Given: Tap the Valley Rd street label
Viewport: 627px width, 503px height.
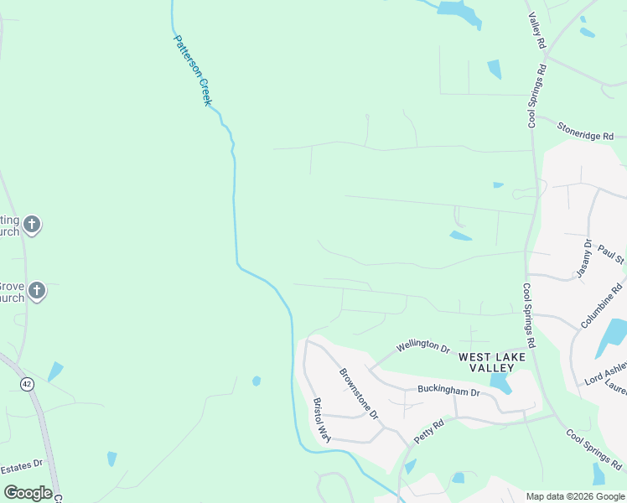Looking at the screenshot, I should pyautogui.click(x=536, y=30).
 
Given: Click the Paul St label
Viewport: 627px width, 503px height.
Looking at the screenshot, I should pyautogui.click(x=612, y=255).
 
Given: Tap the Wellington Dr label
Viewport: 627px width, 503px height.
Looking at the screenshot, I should pyautogui.click(x=423, y=345).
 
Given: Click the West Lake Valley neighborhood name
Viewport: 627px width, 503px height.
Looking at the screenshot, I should pyautogui.click(x=492, y=362).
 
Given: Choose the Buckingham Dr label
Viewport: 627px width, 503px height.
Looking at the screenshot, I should pyautogui.click(x=448, y=392).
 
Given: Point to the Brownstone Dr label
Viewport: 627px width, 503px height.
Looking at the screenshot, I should pyautogui.click(x=359, y=393).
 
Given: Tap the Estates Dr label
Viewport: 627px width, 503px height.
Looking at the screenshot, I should pyautogui.click(x=21, y=466).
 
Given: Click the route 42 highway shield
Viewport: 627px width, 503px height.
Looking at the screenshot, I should pyautogui.click(x=28, y=384).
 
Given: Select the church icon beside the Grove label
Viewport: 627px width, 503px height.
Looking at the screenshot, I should pyautogui.click(x=36, y=291).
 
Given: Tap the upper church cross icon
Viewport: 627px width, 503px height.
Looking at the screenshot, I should pyautogui.click(x=32, y=224).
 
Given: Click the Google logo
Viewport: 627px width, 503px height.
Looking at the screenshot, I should pyautogui.click(x=28, y=493).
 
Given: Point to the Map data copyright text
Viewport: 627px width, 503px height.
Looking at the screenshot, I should pyautogui.click(x=575, y=496).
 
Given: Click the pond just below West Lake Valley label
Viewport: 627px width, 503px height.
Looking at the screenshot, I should pyautogui.click(x=501, y=384).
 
